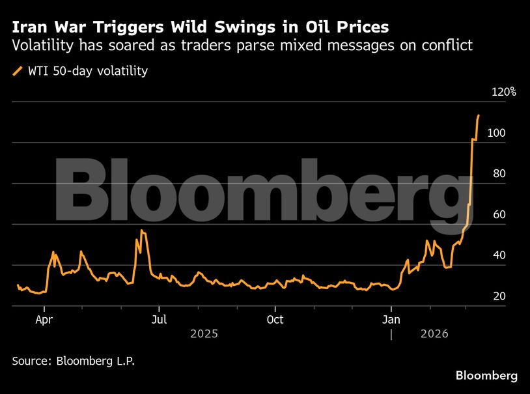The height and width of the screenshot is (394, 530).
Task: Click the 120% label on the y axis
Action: click(503, 92)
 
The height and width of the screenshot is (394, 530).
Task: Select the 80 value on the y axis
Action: click(499, 174)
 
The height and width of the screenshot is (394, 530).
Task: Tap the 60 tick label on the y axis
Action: click(499, 215)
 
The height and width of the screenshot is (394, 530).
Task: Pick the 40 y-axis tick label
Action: click(499, 255)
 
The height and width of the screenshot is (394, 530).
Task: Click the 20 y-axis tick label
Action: click(499, 296)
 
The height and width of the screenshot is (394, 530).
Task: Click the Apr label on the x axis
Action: click(44, 320)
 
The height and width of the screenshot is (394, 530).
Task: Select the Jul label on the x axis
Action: click(159, 320)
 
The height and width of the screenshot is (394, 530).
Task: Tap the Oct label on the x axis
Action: click(275, 320)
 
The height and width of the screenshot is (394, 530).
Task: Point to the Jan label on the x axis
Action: click(391, 320)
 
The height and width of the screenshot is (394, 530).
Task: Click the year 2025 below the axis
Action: click(204, 334)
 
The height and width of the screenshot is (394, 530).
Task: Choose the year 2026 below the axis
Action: click(434, 334)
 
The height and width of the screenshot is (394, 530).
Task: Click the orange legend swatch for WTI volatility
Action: click(18, 71)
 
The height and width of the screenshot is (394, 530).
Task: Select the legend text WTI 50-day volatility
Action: click(87, 71)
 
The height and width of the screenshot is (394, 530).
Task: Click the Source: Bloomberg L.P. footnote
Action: click(74, 360)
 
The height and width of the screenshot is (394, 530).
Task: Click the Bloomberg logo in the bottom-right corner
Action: click(486, 376)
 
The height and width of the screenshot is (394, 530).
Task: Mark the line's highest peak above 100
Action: click(479, 115)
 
